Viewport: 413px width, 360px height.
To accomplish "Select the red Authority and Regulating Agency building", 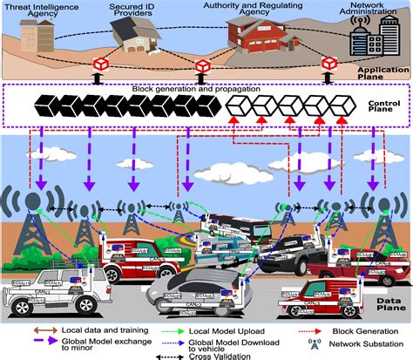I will coord(261,39).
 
